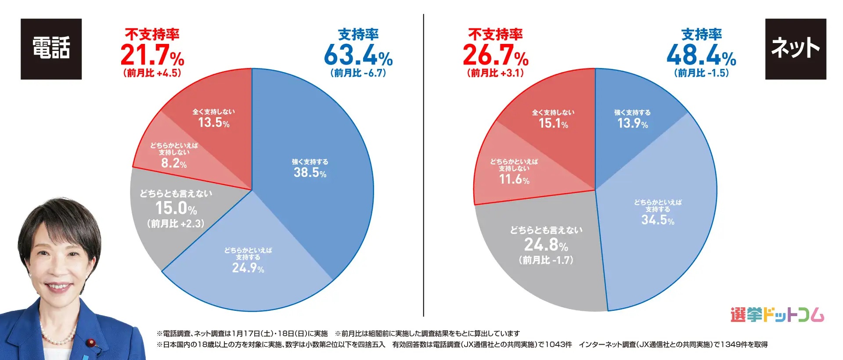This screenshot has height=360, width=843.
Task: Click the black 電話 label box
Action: (x=51, y=49)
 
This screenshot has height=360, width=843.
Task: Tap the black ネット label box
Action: (x=795, y=49)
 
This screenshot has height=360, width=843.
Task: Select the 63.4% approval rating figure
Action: (x=358, y=56)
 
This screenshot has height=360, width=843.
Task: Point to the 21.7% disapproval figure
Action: (x=152, y=56)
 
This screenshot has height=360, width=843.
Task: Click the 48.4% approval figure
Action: (x=701, y=56)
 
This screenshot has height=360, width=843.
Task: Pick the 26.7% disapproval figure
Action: (x=495, y=56)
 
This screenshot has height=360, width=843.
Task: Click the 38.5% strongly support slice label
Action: (x=310, y=173)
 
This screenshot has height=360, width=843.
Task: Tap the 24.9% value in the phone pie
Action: (x=248, y=268)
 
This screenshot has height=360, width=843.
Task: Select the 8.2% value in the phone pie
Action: (x=174, y=163)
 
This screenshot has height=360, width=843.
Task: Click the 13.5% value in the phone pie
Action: (x=214, y=122)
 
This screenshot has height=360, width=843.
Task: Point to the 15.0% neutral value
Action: (x=176, y=208)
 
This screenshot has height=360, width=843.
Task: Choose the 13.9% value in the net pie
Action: (x=633, y=123)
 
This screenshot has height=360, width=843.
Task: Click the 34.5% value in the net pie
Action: (x=658, y=220)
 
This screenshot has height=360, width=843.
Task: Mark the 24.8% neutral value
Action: (x=546, y=245)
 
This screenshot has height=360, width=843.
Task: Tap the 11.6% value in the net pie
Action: (x=514, y=179)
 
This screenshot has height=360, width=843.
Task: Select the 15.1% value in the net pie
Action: (x=553, y=123)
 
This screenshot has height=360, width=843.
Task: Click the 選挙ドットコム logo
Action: (x=777, y=315)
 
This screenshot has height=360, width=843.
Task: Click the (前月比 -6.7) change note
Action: (x=358, y=73)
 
